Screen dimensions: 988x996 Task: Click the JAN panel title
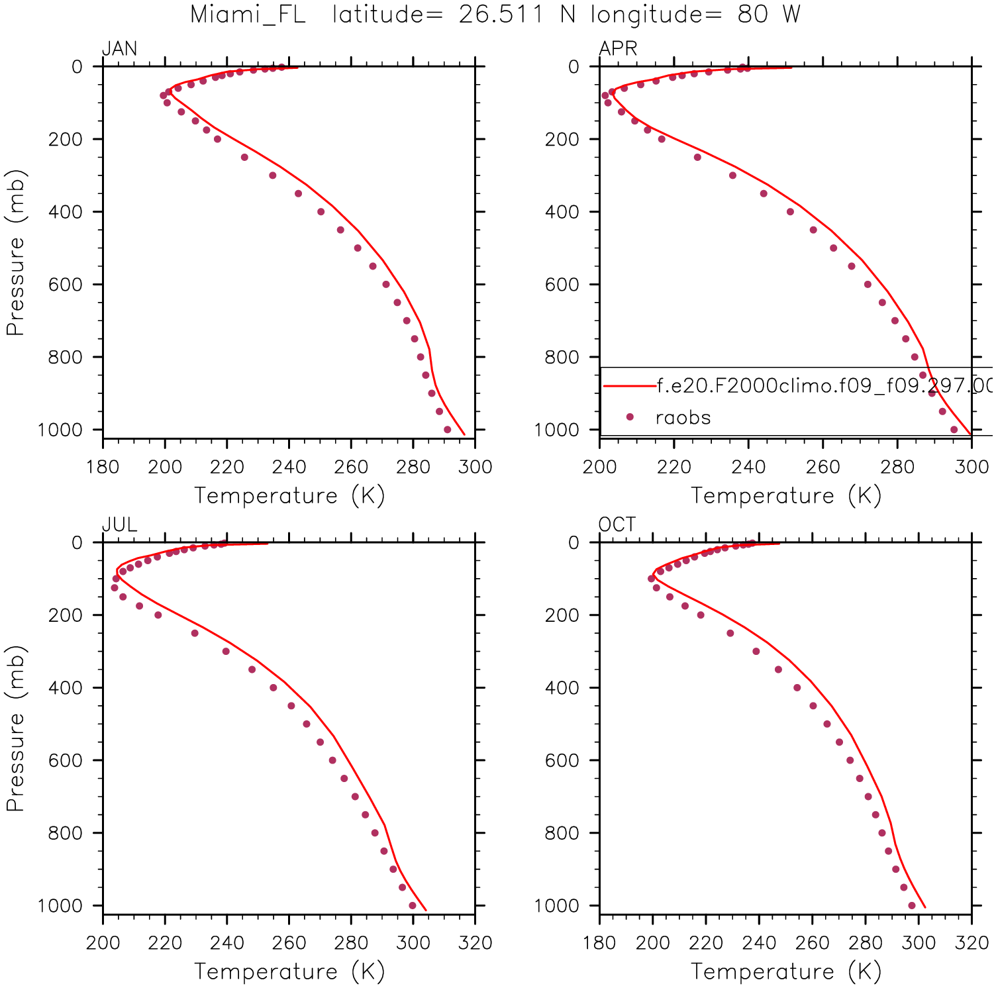click(x=119, y=49)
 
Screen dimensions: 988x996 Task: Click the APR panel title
click(x=618, y=49)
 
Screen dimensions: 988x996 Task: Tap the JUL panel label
click(x=119, y=524)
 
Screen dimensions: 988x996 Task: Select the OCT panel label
click(x=617, y=524)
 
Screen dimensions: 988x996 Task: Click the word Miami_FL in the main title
click(x=248, y=15)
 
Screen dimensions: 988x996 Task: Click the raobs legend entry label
click(x=683, y=418)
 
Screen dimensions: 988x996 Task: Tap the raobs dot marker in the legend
click(x=630, y=417)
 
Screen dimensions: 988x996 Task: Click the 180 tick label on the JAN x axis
click(x=103, y=468)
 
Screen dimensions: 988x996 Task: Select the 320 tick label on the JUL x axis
click(x=475, y=943)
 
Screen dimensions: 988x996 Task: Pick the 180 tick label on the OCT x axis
click(x=599, y=943)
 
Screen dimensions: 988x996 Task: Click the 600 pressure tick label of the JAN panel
click(x=66, y=285)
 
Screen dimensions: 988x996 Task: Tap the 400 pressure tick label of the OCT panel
click(x=562, y=688)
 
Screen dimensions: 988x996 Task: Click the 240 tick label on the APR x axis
click(x=748, y=468)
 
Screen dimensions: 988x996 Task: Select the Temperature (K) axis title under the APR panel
click(x=786, y=495)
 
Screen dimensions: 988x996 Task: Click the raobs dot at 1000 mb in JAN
click(x=448, y=430)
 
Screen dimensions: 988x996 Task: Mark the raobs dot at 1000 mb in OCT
click(x=912, y=905)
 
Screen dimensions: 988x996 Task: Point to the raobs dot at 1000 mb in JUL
click(x=413, y=905)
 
